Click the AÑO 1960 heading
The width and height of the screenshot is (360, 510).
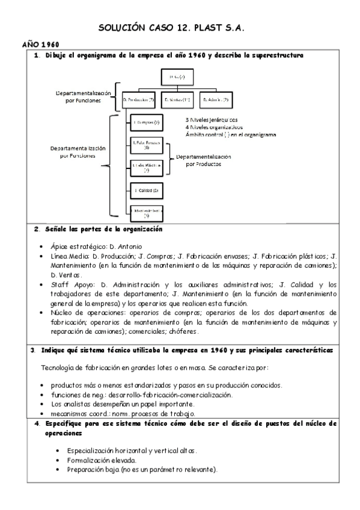pos(40,45)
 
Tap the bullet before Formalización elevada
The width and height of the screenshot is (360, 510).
pos(57,460)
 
